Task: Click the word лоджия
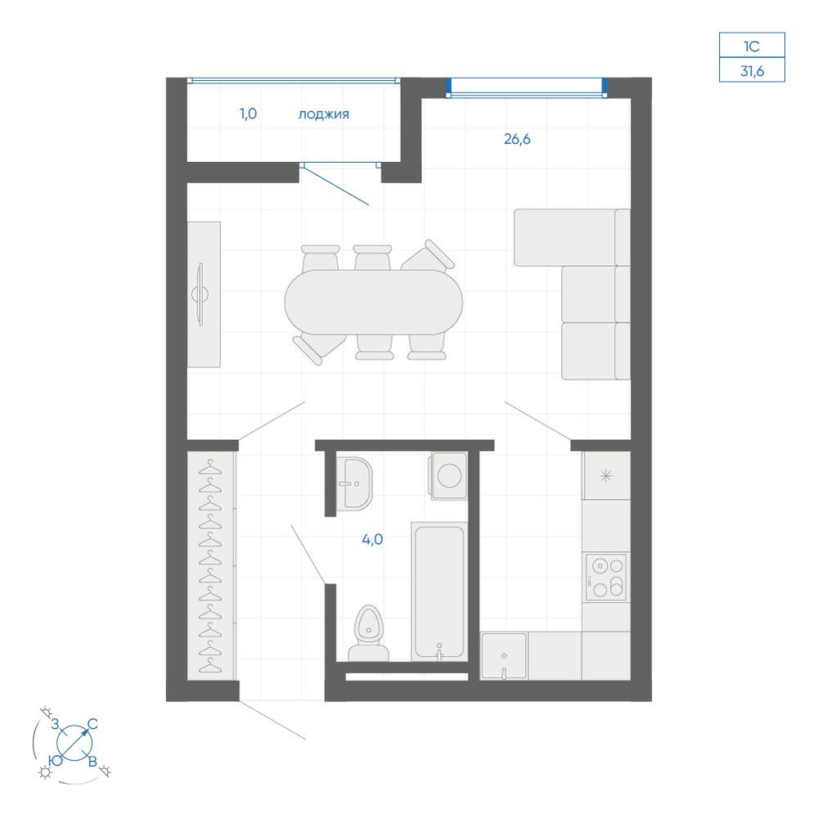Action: [x=323, y=115]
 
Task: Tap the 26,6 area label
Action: [x=517, y=139]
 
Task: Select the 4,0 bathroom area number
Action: [x=372, y=539]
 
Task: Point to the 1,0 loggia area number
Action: [x=249, y=113]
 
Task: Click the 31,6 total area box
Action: [x=752, y=70]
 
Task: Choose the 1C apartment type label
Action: [x=752, y=46]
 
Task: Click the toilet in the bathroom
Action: [x=368, y=633]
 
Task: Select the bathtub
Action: [x=439, y=591]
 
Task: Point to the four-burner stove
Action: [x=605, y=578]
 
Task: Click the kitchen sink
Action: [x=503, y=656]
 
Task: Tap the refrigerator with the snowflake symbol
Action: [x=605, y=475]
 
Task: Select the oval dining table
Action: [x=374, y=302]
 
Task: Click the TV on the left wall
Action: [x=200, y=294]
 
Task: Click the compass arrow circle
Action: [x=74, y=743]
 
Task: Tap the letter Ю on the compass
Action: [x=56, y=760]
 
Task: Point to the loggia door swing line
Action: [x=335, y=185]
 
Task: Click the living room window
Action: [x=527, y=88]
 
